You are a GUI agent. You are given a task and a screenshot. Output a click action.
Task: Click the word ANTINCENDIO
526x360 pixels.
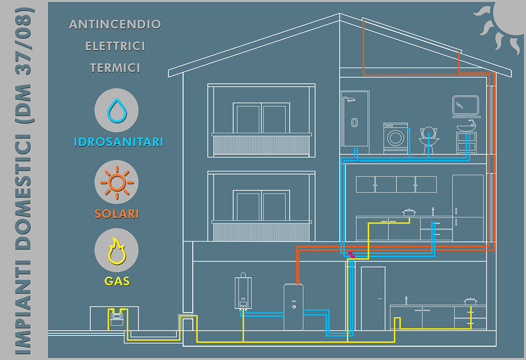point(115,24)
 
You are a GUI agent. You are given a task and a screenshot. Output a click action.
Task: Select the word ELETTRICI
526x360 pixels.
point(115,46)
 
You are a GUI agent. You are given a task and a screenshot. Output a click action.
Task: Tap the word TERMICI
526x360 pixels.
point(115,68)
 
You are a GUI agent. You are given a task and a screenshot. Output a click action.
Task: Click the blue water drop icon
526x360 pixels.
point(117,110)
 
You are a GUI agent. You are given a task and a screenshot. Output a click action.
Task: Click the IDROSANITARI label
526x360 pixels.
point(119,142)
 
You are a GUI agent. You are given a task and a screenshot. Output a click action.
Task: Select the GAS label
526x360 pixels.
point(117,281)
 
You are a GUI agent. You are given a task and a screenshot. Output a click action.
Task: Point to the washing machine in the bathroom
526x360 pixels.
point(395,138)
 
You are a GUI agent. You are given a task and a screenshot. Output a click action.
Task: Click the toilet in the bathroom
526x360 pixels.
point(429,138)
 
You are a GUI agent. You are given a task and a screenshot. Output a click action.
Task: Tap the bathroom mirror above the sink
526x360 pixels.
point(465,105)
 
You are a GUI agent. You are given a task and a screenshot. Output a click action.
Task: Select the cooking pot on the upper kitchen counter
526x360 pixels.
point(409,212)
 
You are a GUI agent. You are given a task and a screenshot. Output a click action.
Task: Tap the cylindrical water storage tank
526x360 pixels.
point(293,307)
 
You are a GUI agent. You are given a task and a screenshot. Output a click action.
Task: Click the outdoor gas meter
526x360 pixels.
point(117,316)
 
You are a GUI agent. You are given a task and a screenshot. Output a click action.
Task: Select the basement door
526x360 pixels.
point(373,298)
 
